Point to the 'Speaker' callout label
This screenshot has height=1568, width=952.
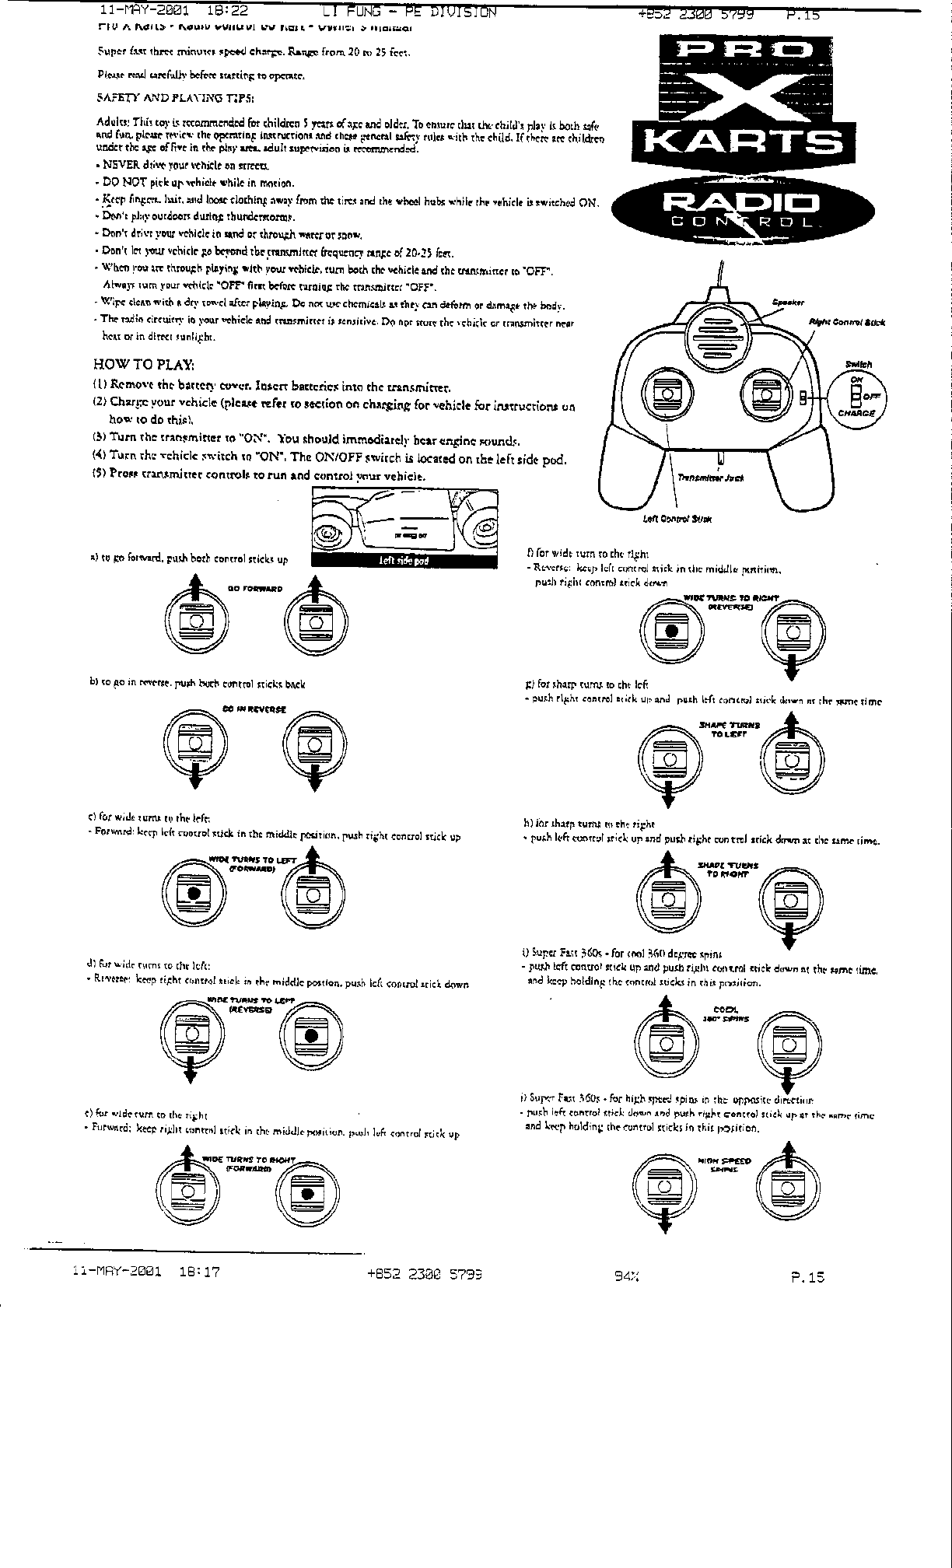click(787, 303)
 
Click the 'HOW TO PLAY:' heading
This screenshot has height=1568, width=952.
click(144, 364)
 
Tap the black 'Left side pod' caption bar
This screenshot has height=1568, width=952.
click(404, 561)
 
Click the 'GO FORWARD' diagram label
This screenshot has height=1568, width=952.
click(255, 589)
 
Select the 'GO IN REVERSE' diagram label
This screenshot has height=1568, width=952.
click(254, 709)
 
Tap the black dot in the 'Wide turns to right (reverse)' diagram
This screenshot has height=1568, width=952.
click(670, 630)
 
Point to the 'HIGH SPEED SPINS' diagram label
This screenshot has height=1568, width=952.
click(724, 1164)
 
